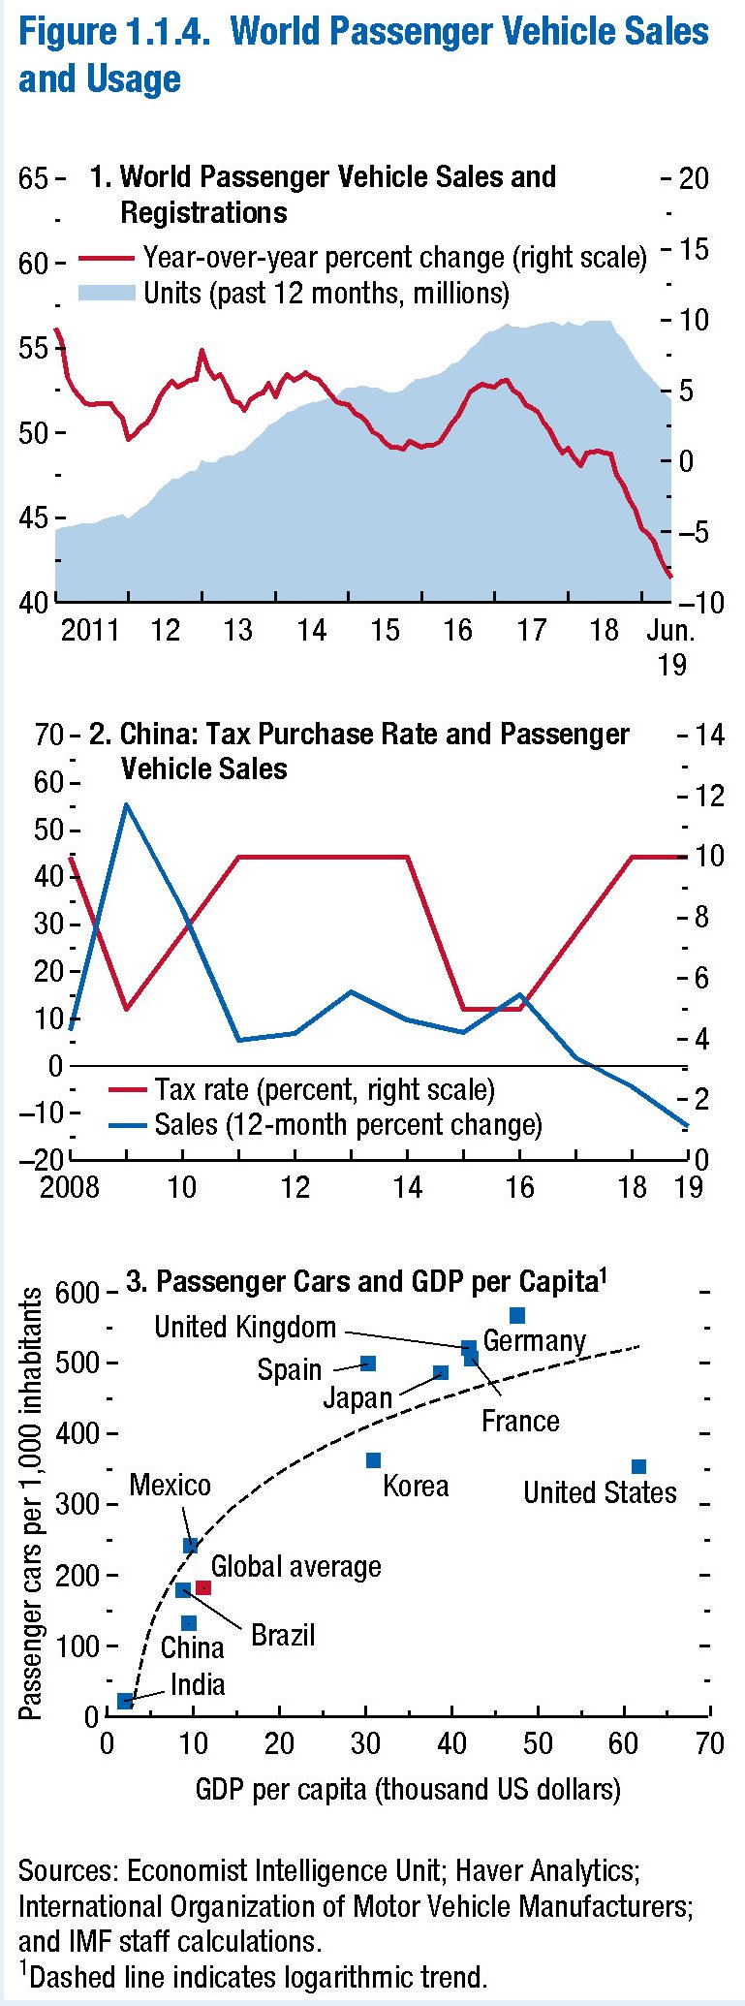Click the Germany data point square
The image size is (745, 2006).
click(517, 1315)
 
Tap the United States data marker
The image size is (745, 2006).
click(638, 1467)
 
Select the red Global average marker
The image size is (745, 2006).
click(203, 1587)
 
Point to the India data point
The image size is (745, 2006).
click(125, 1701)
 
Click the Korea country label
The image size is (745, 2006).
click(416, 1487)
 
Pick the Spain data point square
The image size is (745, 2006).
click(368, 1363)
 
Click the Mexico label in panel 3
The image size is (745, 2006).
click(170, 1486)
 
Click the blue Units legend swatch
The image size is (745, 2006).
click(106, 292)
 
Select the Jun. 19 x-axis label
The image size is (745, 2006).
click(670, 646)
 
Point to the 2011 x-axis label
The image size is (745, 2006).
click(89, 631)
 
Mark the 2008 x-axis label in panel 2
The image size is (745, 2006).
click(69, 1187)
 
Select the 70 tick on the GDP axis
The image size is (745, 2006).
click(710, 1743)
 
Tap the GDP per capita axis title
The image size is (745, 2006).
click(408, 1789)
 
